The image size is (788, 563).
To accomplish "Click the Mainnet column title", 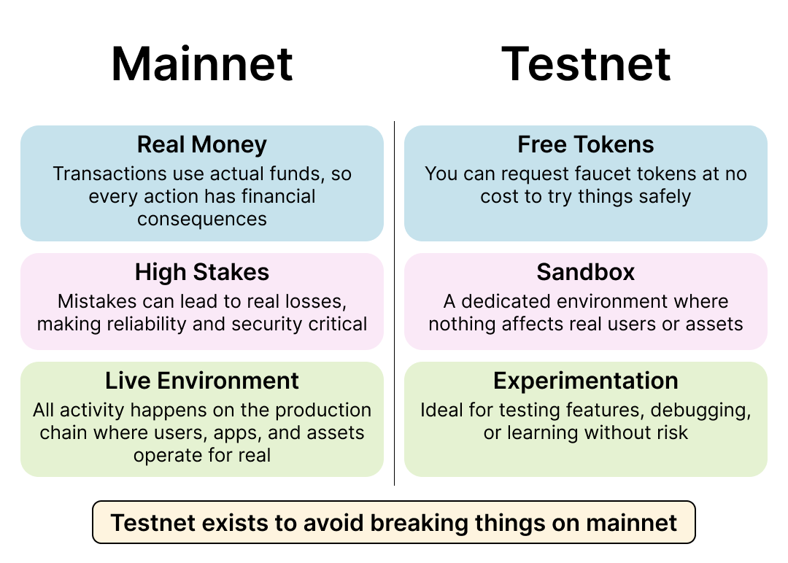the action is (202, 63).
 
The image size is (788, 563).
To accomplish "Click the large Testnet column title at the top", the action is (586, 63).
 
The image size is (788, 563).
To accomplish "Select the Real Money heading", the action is (202, 144).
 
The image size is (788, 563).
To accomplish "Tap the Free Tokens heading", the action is (586, 144).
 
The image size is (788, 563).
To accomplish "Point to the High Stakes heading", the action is (202, 272).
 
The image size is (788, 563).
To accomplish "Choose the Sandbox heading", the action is (586, 272).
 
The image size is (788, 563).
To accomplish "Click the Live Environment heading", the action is (202, 381).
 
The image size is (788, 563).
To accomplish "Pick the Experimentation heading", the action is (586, 381).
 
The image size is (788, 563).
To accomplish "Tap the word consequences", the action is (202, 220).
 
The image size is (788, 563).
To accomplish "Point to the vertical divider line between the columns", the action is (395, 303).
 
